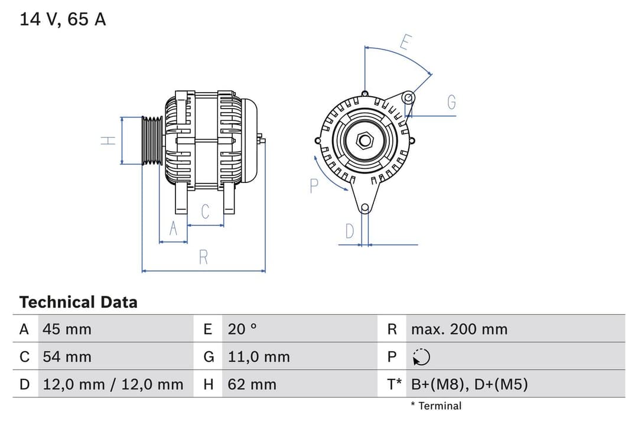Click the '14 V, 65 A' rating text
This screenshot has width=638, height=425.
click(63, 19)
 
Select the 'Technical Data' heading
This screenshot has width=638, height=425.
click(78, 302)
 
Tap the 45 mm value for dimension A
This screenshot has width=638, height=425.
click(67, 329)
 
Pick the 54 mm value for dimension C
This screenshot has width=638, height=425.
click(67, 357)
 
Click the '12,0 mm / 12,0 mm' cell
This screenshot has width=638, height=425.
click(113, 384)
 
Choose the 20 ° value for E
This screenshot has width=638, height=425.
click(242, 329)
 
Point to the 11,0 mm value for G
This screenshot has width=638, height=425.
click(259, 357)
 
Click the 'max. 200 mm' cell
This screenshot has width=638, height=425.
click(459, 329)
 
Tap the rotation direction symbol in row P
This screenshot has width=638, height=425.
click(421, 357)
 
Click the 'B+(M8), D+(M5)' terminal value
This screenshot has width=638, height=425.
click(469, 384)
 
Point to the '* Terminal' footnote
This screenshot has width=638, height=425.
click(436, 406)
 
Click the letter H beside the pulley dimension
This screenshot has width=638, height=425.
click(108, 140)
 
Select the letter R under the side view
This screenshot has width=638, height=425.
click(203, 257)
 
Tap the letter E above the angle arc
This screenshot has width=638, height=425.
click(405, 42)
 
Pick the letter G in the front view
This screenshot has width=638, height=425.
click(451, 102)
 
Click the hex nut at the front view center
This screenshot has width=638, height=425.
click(365, 140)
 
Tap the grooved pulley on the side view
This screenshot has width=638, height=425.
click(152, 140)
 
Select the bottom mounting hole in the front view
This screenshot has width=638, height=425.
click(365, 207)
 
